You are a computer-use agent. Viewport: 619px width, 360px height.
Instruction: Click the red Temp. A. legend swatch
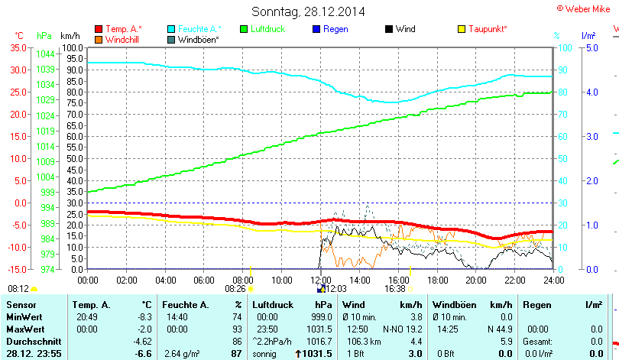pos(98,29)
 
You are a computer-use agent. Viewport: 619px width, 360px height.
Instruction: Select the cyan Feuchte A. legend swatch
pos(171,29)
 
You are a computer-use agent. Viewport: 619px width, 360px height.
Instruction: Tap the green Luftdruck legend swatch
pos(245,29)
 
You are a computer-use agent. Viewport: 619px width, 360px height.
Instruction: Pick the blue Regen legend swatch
pos(317,29)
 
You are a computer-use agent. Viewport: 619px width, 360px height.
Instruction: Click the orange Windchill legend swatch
pos(98,39)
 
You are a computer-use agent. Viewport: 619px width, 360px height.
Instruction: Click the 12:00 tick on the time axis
pos(322,280)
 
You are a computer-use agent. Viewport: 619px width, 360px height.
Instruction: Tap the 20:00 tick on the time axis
pos(476,280)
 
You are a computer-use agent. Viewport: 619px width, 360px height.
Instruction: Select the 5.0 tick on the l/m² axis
pos(590,47)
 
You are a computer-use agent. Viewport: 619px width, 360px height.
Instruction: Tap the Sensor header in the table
pos(21,305)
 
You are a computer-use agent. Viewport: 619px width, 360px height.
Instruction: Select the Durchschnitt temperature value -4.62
pos(142,341)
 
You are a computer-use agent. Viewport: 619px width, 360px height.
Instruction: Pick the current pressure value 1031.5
pos(316,353)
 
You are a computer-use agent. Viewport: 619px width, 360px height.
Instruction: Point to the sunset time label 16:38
pos(395,290)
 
